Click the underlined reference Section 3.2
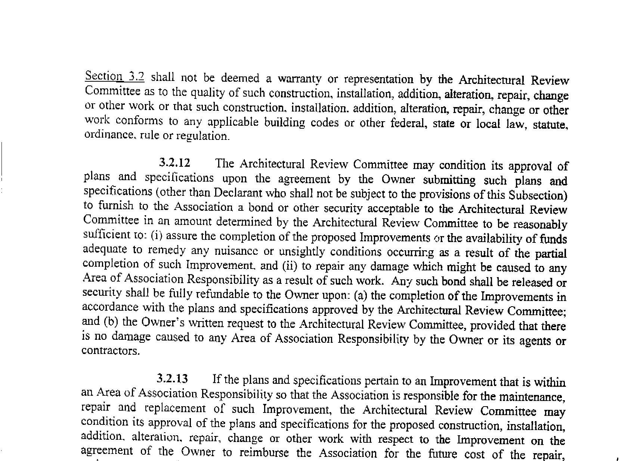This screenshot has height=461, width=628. (115, 76)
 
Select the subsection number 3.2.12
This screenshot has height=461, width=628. (174, 163)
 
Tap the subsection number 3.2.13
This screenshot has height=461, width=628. (172, 379)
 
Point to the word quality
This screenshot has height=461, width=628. (206, 92)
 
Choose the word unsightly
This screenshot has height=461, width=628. (302, 252)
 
